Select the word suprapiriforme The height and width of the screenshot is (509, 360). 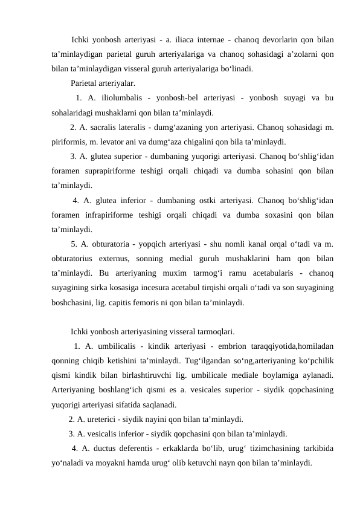112,171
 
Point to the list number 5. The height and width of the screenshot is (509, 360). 73,244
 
